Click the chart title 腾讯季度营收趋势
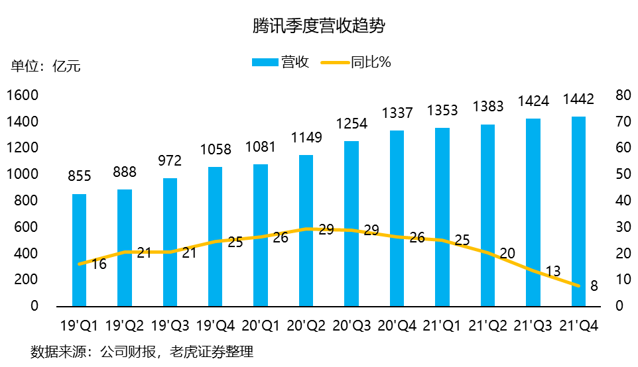319,26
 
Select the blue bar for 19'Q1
79,250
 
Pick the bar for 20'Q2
306,231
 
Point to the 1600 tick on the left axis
23,95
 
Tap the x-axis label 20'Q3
351,325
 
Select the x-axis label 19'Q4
215,325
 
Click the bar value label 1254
351,124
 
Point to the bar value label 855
79,177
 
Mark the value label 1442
578,100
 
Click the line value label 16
99,263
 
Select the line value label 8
594,286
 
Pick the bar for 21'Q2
487,215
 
